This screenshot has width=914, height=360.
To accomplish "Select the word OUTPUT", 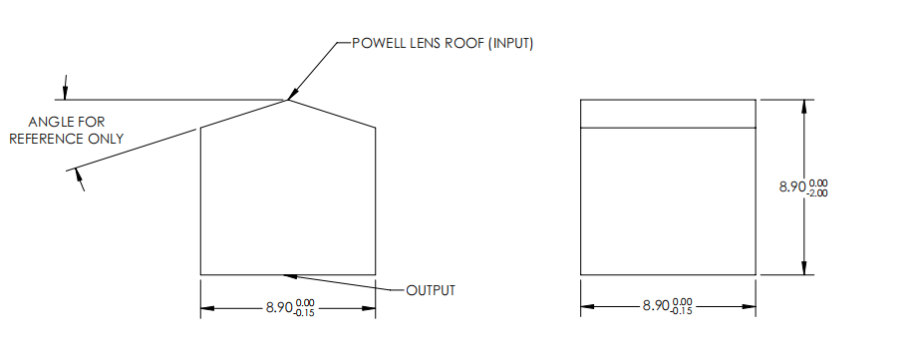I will click(x=431, y=290).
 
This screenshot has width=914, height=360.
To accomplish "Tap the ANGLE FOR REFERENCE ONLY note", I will click(x=67, y=130).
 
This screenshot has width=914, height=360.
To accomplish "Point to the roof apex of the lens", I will click(x=288, y=99).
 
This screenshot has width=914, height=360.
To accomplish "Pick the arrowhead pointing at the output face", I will click(x=290, y=275).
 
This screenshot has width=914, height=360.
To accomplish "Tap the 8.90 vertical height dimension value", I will click(x=793, y=186).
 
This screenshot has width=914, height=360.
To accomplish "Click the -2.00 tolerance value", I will click(x=818, y=192).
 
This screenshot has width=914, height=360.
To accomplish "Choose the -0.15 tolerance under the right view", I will click(x=682, y=311).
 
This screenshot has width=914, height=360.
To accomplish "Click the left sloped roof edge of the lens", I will click(x=244, y=113).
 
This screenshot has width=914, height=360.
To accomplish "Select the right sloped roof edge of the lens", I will click(x=332, y=113).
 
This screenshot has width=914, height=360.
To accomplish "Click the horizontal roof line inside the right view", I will click(x=668, y=128).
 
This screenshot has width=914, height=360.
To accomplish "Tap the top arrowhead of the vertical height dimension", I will click(x=803, y=105).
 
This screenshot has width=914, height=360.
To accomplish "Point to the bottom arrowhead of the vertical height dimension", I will click(x=803, y=268).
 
